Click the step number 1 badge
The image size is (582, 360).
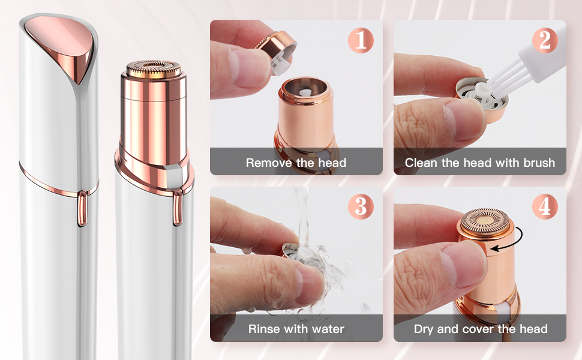click(361, 40)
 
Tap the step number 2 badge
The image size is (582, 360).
click(545, 40)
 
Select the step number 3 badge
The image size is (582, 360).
click(361, 206)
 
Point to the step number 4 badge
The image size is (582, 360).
click(545, 206)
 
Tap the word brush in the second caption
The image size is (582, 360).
click(539, 163)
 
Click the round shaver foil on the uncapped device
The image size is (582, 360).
click(153, 68)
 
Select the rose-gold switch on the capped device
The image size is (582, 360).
click(82, 208)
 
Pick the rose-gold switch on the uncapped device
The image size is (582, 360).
click(178, 207)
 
